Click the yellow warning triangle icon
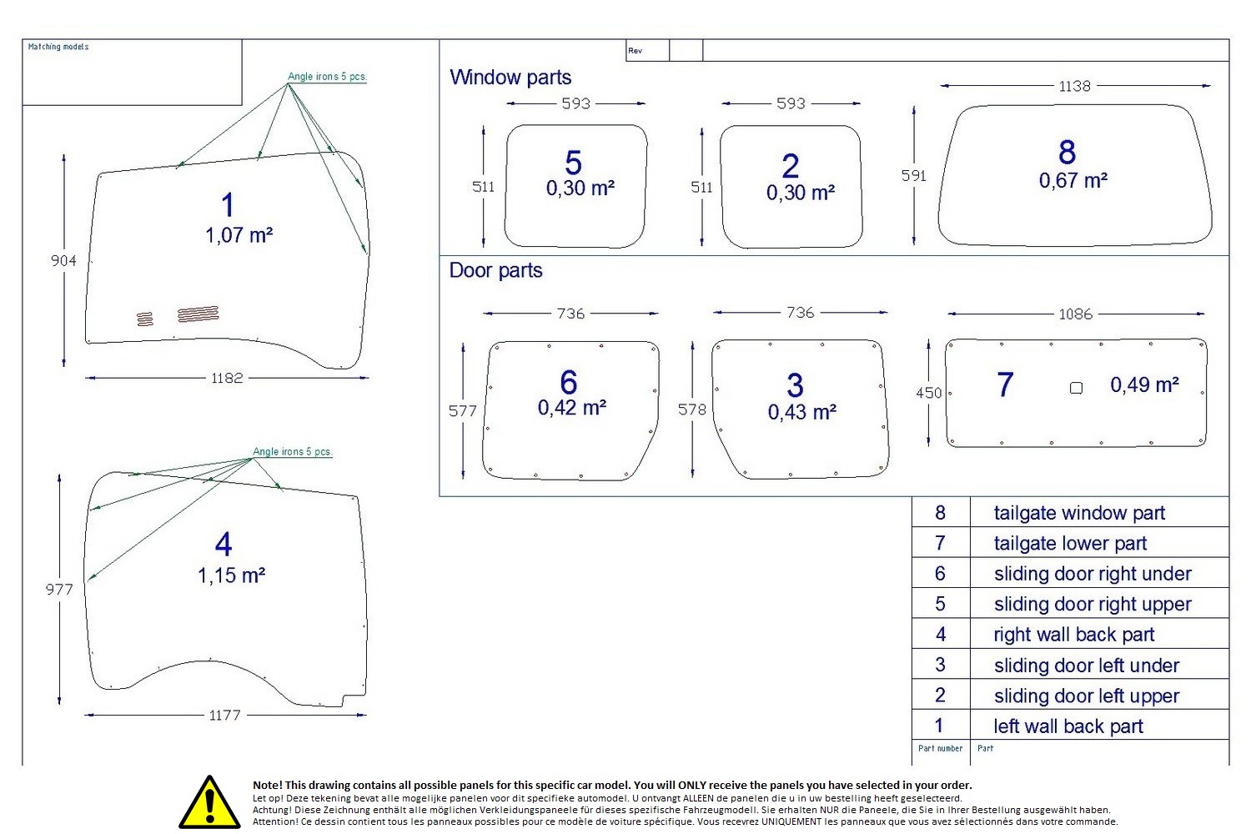[x=209, y=802]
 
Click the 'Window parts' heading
[x=510, y=78]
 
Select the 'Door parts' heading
[x=495, y=270]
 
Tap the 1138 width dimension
[x=1074, y=86]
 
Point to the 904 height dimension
[x=63, y=260]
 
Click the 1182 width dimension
[x=227, y=378]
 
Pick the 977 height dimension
[x=59, y=590]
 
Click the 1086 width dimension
[x=1075, y=314]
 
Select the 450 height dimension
[x=928, y=392]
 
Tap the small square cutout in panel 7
[x=1076, y=388]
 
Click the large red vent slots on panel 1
[x=198, y=314]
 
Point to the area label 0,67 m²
[x=1073, y=180]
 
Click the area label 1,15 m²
[x=231, y=575]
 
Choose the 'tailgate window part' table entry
[x=1079, y=513]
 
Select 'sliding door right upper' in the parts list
[x=1093, y=604]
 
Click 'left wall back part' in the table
[x=1068, y=726]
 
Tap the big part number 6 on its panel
[x=569, y=382]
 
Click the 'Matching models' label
[x=58, y=47]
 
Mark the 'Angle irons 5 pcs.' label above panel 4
[x=292, y=451]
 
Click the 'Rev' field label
[x=636, y=51]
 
